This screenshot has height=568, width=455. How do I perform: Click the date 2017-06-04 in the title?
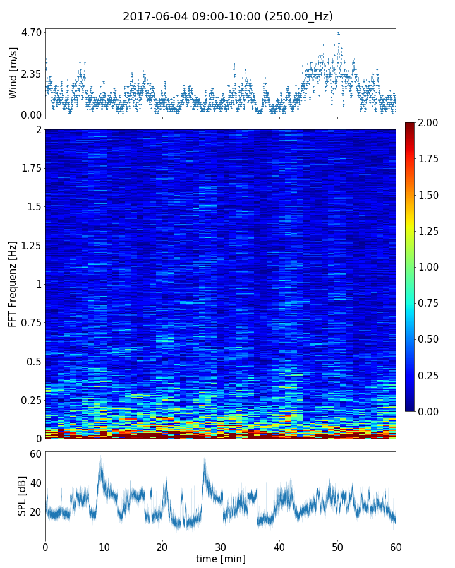pyautogui.click(x=152, y=16)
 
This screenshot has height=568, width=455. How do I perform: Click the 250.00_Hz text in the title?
pyautogui.click(x=299, y=16)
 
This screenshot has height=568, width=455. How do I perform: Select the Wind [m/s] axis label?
pyautogui.click(x=13, y=72)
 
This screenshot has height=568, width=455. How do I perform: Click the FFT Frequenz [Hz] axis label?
pyautogui.click(x=13, y=284)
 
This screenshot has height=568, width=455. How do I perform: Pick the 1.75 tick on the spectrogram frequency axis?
pyautogui.click(x=30, y=169)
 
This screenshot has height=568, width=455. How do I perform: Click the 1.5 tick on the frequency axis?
pyautogui.click(x=33, y=207)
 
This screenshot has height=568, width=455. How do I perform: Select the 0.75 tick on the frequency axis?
pyautogui.click(x=30, y=323)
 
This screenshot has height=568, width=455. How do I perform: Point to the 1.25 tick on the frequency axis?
pyautogui.click(x=30, y=246)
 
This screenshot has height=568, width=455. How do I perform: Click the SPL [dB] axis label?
pyautogui.click(x=23, y=495)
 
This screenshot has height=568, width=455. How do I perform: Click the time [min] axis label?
pyautogui.click(x=221, y=559)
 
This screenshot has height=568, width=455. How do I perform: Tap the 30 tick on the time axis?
pyautogui.click(x=221, y=547)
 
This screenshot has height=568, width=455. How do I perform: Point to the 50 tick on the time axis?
pyautogui.click(x=337, y=547)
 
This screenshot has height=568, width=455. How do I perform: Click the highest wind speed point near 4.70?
pyautogui.click(x=338, y=33)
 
